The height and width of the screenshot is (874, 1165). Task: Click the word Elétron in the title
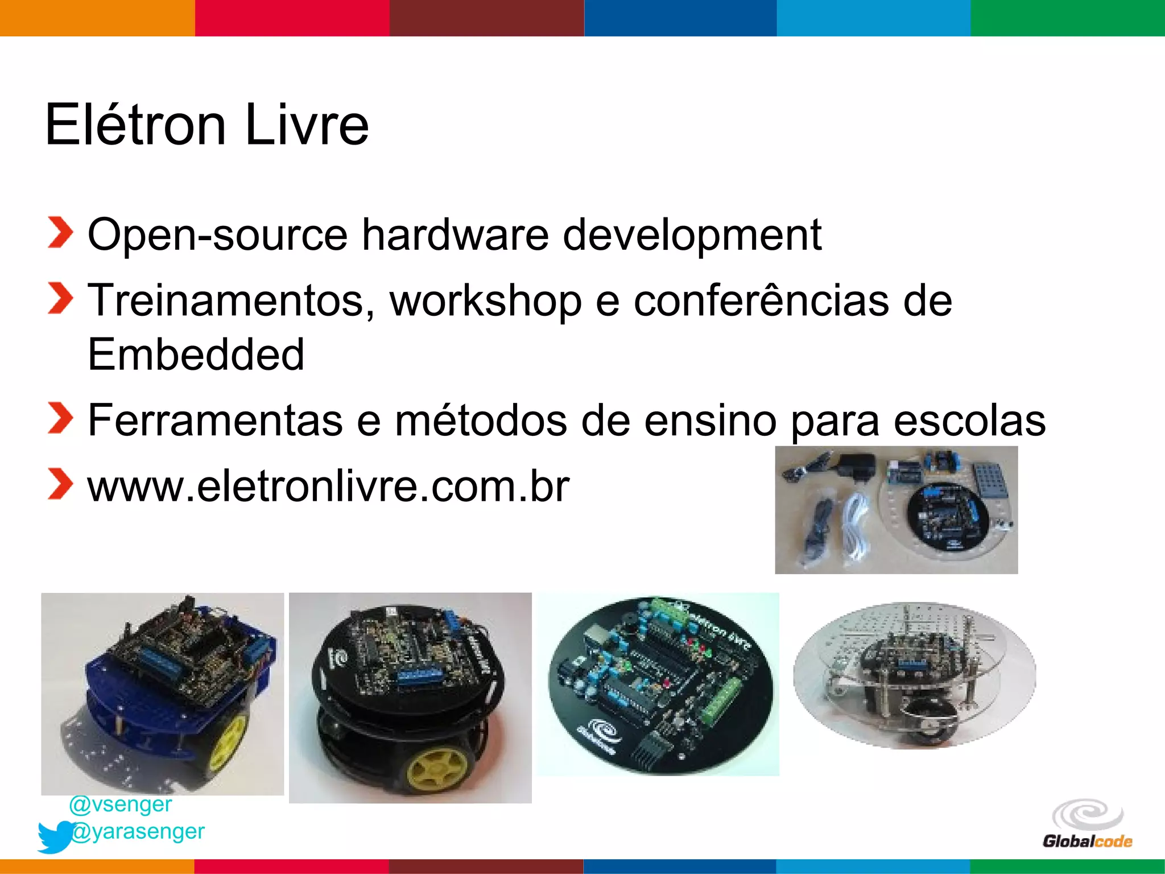click(135, 125)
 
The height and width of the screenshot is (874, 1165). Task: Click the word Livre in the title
click(307, 125)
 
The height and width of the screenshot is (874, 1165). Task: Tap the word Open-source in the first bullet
click(217, 234)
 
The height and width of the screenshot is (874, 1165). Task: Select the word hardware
click(455, 234)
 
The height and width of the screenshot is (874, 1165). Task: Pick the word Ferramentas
click(215, 421)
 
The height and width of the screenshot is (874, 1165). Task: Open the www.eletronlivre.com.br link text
click(328, 487)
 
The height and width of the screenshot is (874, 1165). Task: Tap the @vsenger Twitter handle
click(121, 804)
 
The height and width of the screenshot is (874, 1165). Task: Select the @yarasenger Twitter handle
click(138, 831)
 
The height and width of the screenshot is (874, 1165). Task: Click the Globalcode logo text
click(1087, 841)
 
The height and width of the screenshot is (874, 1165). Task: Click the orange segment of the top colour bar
click(97, 18)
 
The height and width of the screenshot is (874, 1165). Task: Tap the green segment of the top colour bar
click(1068, 18)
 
